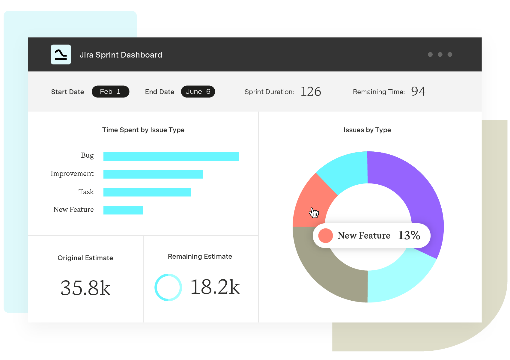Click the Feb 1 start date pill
[x=110, y=92]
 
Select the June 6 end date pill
[x=198, y=92]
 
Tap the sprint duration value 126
[x=311, y=92]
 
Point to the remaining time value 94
[x=418, y=91]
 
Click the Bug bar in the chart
[x=171, y=156]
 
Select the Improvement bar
[x=153, y=174]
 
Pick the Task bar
[x=147, y=192]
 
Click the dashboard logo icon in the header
[x=61, y=55]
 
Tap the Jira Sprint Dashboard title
[x=121, y=55]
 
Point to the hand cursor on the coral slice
[x=314, y=213]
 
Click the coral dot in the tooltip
[x=326, y=236]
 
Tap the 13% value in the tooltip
[x=409, y=236]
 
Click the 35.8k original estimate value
[x=85, y=288]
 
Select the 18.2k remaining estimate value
[x=215, y=287]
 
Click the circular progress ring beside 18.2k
[x=168, y=287]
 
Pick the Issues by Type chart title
[x=367, y=130]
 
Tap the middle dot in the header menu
[x=440, y=55]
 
